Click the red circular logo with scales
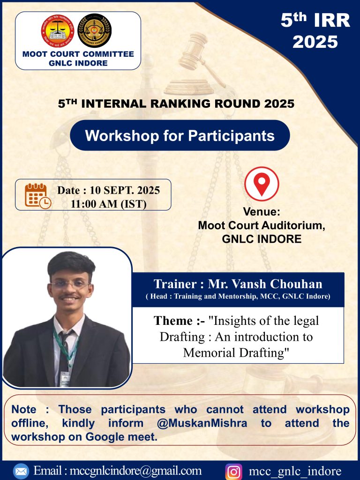point(58,31)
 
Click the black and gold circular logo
point(95,30)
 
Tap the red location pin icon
point(262,184)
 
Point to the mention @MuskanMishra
point(202,423)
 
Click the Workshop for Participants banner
point(180,135)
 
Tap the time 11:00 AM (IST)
point(109,203)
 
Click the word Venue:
point(262,211)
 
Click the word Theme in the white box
point(173,321)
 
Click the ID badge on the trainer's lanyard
point(65,379)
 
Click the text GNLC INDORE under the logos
point(78,63)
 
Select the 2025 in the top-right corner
point(315,42)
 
